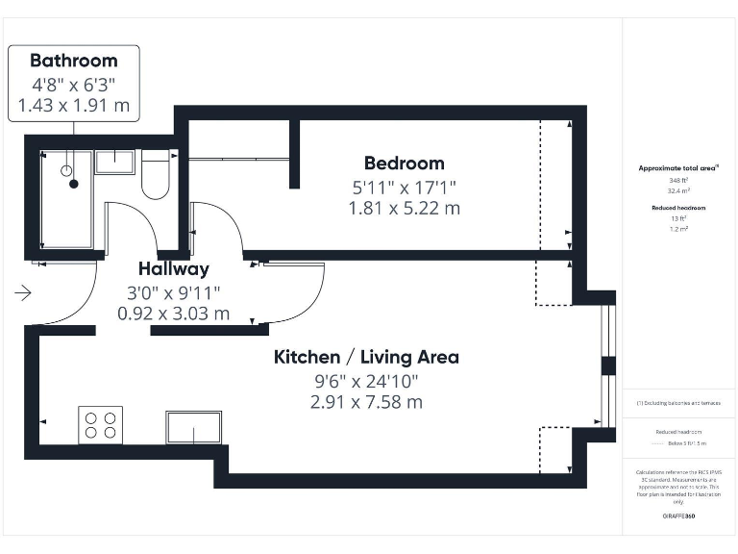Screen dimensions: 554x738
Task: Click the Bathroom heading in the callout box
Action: (x=73, y=60)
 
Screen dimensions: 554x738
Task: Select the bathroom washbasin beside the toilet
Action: (x=114, y=161)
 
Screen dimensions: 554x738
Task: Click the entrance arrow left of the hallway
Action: (x=24, y=292)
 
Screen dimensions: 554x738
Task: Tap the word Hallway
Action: (x=173, y=269)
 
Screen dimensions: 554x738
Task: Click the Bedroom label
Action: (x=404, y=164)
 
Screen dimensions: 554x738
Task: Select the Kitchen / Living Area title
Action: (x=366, y=358)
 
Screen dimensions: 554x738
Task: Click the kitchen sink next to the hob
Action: (x=193, y=427)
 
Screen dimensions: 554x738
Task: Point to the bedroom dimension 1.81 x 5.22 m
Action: (x=404, y=208)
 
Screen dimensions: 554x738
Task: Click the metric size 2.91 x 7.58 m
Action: (x=366, y=402)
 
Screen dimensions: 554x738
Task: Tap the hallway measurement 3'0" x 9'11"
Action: (x=173, y=291)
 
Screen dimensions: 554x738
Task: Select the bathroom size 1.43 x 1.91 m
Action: (x=73, y=106)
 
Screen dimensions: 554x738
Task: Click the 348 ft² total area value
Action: (x=678, y=180)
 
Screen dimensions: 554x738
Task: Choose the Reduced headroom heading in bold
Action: (x=678, y=208)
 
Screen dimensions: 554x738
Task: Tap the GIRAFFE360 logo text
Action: (x=678, y=516)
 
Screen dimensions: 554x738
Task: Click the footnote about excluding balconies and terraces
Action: (x=678, y=403)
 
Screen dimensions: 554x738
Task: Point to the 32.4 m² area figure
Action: (x=678, y=190)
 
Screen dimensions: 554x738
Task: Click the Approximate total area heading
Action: (x=677, y=168)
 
